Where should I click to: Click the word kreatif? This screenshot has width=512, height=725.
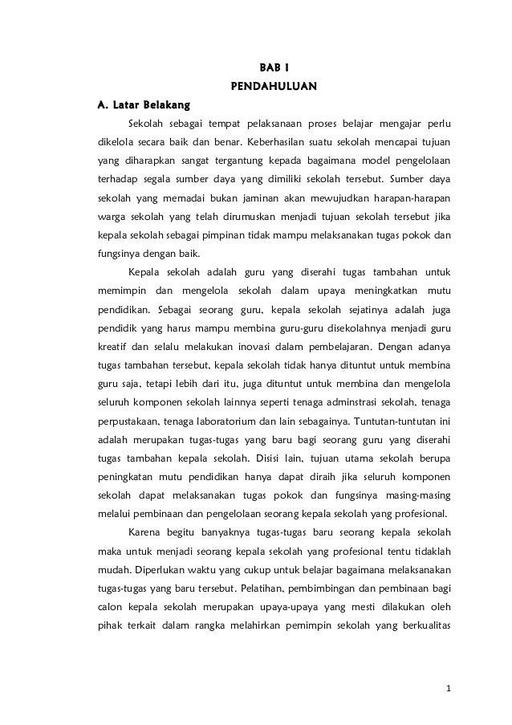point(110,348)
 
